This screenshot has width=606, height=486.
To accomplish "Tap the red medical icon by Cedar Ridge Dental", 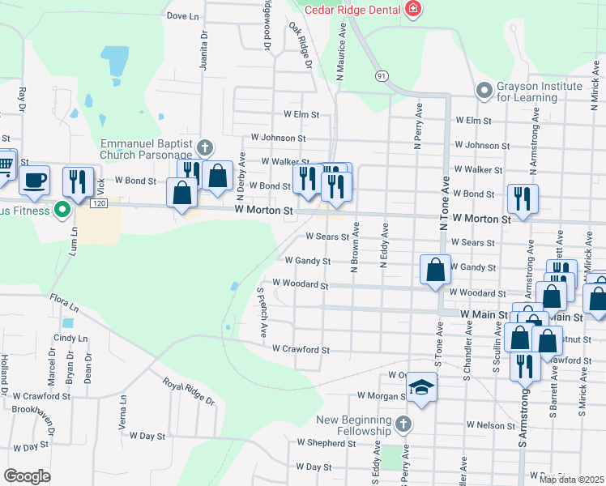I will pyautogui.click(x=413, y=10).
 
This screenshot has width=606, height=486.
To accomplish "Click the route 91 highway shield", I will pyautogui.click(x=381, y=75).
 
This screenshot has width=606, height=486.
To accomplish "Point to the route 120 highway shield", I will pyautogui.click(x=98, y=203).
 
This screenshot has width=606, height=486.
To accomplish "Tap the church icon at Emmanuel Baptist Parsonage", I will pyautogui.click(x=205, y=147).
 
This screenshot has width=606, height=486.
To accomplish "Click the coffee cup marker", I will pyautogui.click(x=34, y=181).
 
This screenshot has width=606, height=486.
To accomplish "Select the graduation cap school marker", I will pyautogui.click(x=421, y=387).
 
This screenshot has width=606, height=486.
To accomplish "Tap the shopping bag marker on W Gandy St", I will pyautogui.click(x=435, y=269).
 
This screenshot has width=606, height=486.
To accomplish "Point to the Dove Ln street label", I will pyautogui.click(x=182, y=15).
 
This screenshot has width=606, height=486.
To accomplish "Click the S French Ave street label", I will pyautogui.click(x=262, y=312).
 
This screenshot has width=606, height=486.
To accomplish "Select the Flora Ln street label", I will pyautogui.click(x=63, y=306).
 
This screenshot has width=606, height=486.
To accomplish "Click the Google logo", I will pyautogui.click(x=27, y=476).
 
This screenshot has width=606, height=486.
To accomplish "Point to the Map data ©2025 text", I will pyautogui.click(x=571, y=480).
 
